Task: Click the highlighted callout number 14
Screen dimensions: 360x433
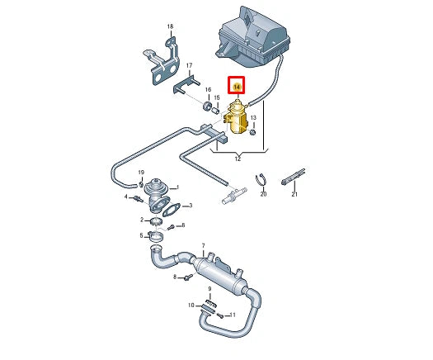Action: click(238, 86)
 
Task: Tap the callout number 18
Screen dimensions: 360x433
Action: click(171, 28)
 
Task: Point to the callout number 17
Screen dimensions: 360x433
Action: click(189, 65)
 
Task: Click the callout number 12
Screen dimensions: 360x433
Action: click(238, 157)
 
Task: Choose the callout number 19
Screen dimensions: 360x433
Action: click(142, 173)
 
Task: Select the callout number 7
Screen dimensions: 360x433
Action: click(203, 245)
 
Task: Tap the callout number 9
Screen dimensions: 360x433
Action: click(210, 288)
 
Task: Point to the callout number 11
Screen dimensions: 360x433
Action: click(233, 315)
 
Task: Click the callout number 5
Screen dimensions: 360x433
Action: click(141, 235)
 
